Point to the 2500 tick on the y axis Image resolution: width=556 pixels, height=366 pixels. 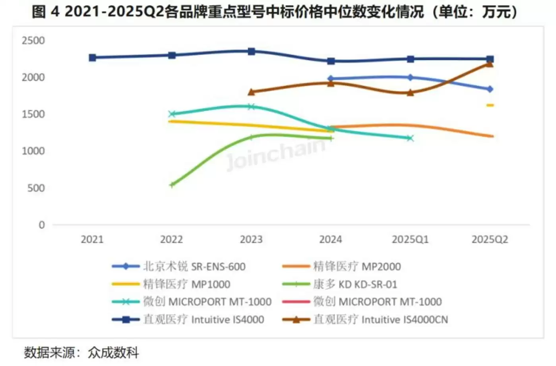[x=33, y=40]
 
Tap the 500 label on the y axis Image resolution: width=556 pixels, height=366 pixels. [x=36, y=188]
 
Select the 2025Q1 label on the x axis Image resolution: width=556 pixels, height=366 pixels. [x=410, y=239]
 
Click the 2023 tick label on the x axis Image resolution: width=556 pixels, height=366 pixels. [x=251, y=239]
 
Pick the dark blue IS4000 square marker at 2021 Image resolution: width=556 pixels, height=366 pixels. [x=92, y=58]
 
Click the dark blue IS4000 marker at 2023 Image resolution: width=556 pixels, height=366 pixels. [x=251, y=51]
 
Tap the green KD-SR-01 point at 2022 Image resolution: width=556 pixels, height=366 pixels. [x=172, y=185]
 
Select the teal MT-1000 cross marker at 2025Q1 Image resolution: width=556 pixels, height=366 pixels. [x=410, y=138]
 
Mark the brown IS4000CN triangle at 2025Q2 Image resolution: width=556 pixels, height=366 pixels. [x=490, y=64]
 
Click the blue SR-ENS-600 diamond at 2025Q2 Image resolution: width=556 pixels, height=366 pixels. [x=490, y=89]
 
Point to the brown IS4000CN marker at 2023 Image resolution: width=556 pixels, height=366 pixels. [x=251, y=92]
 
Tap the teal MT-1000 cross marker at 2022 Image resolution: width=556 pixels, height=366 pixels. [x=172, y=114]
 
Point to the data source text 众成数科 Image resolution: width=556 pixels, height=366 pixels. [x=113, y=352]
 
